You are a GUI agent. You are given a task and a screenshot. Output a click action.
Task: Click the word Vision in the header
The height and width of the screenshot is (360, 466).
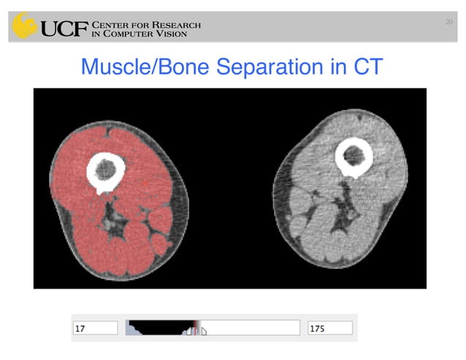point(180,35)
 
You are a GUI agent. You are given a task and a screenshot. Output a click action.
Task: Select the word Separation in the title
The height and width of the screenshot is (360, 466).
point(277,67)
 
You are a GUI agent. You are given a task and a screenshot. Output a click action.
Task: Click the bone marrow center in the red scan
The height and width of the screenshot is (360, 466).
point(106,170)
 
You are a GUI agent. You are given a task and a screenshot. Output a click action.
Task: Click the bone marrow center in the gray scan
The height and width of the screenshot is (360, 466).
point(354,154)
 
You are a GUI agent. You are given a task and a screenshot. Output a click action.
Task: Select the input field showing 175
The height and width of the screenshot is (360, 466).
point(330,329)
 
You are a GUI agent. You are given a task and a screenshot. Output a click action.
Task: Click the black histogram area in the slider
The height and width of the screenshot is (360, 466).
point(157,326)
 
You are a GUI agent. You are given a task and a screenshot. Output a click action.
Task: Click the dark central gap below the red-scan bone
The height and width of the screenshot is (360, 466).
point(112,215)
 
